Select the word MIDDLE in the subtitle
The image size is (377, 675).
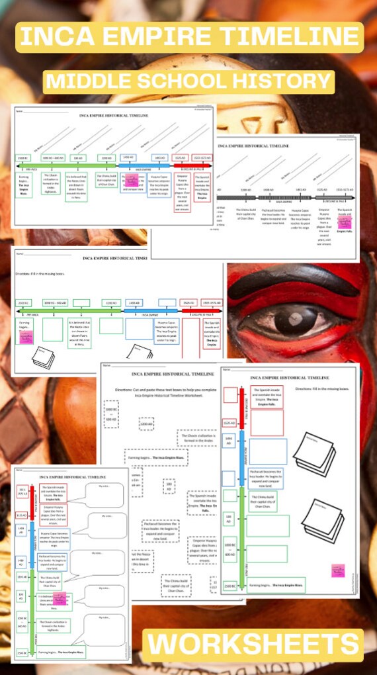[92, 81]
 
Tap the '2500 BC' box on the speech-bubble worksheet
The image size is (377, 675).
[22, 653]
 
